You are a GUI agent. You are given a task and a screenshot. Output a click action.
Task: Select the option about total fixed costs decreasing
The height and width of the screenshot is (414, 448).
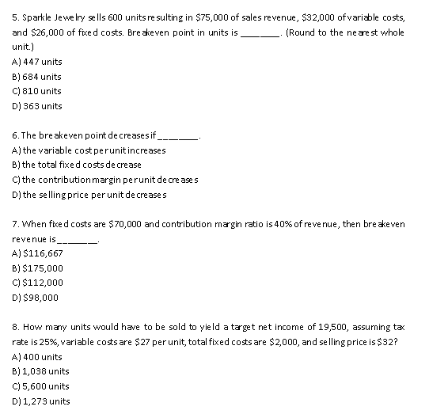(x=77, y=165)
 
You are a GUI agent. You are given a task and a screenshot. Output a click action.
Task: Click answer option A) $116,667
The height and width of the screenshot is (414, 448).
(x=39, y=253)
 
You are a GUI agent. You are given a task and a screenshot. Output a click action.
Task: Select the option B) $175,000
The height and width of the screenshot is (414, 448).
(x=39, y=268)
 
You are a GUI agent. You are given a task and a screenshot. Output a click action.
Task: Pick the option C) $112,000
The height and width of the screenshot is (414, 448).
(x=39, y=283)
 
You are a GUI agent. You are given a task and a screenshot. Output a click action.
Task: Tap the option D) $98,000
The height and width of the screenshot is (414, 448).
(x=36, y=298)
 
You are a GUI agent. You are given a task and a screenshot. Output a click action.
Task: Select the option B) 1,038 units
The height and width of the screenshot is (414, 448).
(x=41, y=371)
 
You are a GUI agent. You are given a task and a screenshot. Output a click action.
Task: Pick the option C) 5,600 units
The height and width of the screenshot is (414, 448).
(x=41, y=386)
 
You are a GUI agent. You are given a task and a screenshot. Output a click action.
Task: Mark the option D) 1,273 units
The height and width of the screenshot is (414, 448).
(x=41, y=401)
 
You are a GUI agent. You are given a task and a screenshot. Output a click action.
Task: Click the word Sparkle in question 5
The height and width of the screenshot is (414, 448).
(x=36, y=17)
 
